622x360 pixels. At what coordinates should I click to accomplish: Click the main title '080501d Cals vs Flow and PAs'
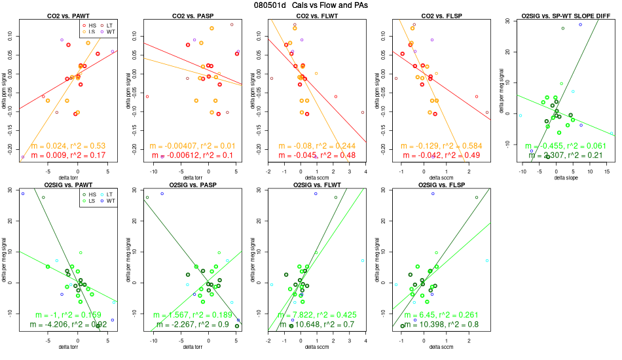(x=310, y=5)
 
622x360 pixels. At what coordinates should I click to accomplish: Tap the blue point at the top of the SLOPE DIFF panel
(x=580, y=25)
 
